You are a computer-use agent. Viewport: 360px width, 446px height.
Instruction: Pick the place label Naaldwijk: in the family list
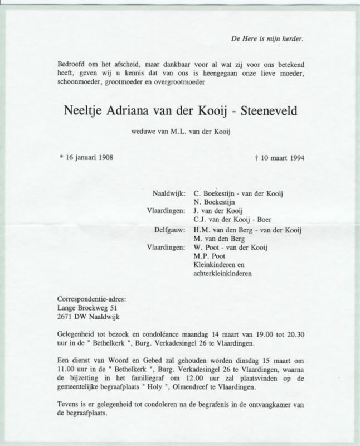(168, 193)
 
